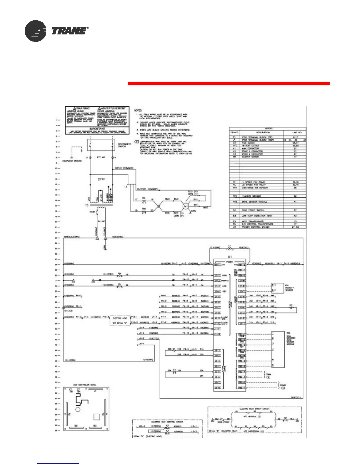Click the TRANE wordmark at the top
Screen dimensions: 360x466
(x=70, y=31)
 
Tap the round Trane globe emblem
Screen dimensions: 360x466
(x=35, y=31)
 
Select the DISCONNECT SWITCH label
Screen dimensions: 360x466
(x=125, y=145)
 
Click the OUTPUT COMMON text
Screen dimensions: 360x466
(x=147, y=189)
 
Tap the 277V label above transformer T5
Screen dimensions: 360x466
(x=101, y=179)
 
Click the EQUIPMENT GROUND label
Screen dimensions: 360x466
(x=72, y=161)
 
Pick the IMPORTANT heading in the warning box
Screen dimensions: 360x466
(x=97, y=129)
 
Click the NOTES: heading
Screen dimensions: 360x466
(x=138, y=111)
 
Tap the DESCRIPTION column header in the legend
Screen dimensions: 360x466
(x=263, y=132)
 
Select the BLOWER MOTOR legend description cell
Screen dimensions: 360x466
(x=250, y=157)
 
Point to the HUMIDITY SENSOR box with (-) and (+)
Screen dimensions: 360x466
(x=277, y=287)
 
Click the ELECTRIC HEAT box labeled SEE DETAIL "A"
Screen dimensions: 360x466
(x=119, y=320)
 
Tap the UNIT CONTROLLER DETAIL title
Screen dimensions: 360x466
(x=85, y=385)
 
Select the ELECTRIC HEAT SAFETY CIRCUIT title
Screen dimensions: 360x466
(x=254, y=409)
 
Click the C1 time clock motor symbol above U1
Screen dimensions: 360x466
(x=230, y=248)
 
